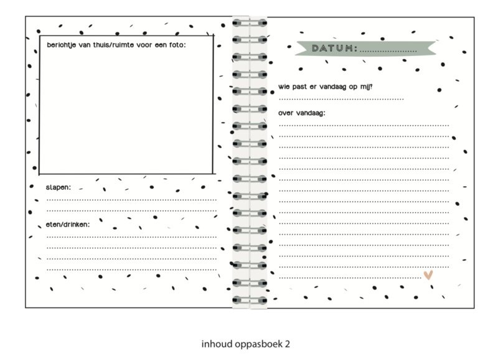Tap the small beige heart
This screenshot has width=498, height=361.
click(428, 274)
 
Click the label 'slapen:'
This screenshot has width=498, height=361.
click(58, 187)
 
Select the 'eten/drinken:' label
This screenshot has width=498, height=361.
click(67, 224)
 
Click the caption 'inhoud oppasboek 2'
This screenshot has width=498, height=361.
click(246, 343)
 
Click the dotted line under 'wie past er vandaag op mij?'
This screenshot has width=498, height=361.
click(341, 98)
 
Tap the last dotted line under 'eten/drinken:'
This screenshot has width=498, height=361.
click(131, 269)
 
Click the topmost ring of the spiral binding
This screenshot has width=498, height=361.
click(249, 23)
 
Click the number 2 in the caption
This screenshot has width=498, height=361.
click(287, 343)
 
